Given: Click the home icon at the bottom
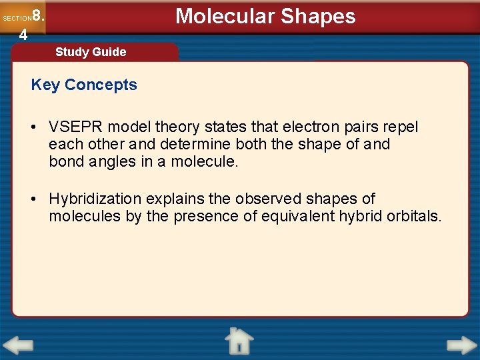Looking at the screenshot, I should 238,341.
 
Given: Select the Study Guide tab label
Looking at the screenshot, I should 91,52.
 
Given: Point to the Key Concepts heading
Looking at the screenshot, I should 84,85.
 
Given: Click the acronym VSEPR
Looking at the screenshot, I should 77,127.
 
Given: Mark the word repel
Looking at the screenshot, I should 401,127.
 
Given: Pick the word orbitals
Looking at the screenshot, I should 413,216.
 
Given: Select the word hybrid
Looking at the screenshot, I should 362,216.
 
